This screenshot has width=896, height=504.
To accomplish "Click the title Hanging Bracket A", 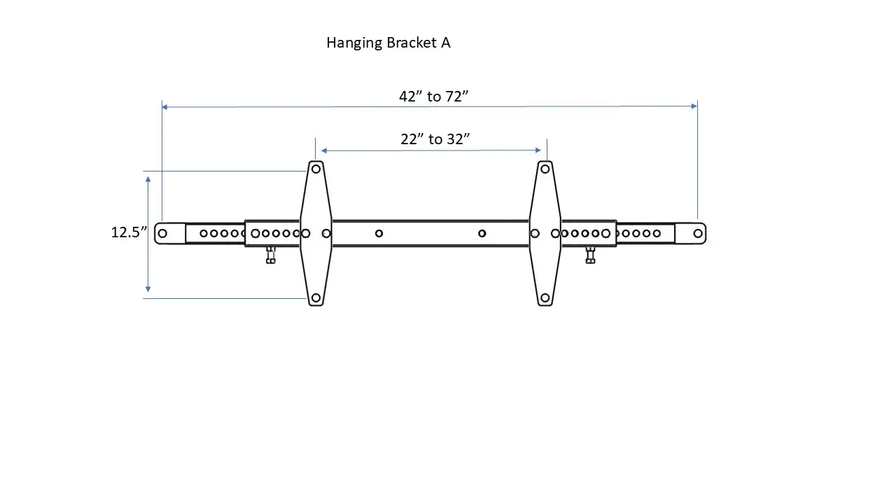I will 388,43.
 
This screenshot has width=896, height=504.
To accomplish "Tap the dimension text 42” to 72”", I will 433,97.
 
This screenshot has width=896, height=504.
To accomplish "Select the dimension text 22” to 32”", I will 435,139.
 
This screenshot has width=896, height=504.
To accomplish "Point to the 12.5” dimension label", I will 129,232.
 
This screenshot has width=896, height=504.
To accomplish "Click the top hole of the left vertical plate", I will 316,169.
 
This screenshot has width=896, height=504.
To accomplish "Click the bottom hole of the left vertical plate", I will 316,298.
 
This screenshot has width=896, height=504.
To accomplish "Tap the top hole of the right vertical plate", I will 545,169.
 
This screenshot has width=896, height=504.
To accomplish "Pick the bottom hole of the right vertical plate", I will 545,298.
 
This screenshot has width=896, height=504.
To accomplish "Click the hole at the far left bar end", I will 162,233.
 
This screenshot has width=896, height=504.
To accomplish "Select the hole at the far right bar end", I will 698,233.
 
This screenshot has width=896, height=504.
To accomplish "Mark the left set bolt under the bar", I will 271,255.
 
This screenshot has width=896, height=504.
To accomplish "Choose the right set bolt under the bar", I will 590,255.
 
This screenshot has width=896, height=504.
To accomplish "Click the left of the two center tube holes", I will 379,233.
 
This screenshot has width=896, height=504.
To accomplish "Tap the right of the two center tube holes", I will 482,233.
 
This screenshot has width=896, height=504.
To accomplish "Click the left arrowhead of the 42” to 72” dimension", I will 165,107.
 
